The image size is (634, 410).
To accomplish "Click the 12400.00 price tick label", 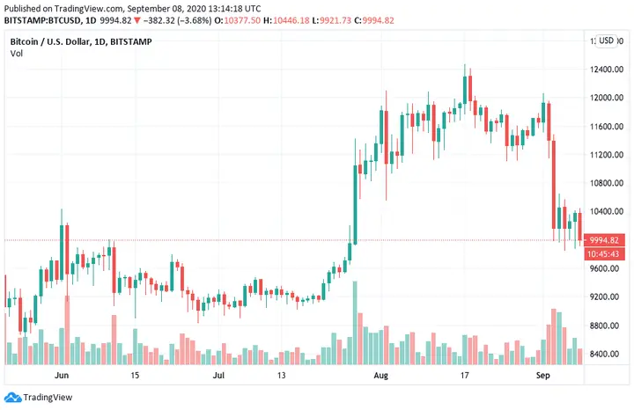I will pyautogui.click(x=607, y=70).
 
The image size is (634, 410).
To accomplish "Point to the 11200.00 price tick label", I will pyautogui.click(x=607, y=155).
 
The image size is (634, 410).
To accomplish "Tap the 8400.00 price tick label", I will pyautogui.click(x=607, y=354).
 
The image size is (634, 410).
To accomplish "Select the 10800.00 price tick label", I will pyautogui.click(x=607, y=183).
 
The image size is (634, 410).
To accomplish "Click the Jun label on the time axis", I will pyautogui.click(x=61, y=375).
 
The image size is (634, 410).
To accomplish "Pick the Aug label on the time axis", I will pyautogui.click(x=380, y=375).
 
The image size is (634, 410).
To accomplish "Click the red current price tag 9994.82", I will pyautogui.click(x=607, y=240).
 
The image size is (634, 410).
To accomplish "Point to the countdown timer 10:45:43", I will pyautogui.click(x=607, y=253).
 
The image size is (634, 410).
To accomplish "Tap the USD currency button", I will pyautogui.click(x=607, y=40).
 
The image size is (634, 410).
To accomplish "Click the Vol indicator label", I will pyautogui.click(x=17, y=55).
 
